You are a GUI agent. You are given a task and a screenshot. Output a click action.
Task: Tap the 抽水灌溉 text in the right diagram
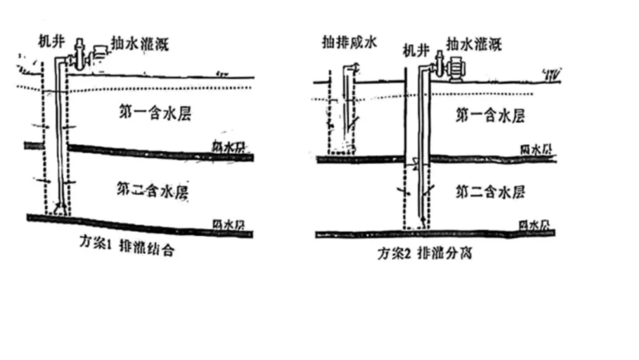[x=475, y=43]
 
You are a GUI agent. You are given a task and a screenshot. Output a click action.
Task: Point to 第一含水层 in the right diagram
[x=489, y=115]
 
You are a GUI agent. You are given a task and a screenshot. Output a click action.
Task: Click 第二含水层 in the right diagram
[x=489, y=192]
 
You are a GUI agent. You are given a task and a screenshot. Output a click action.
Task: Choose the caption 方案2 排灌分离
[x=424, y=255]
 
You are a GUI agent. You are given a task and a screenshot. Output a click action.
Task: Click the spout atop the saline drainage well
[x=353, y=69]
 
